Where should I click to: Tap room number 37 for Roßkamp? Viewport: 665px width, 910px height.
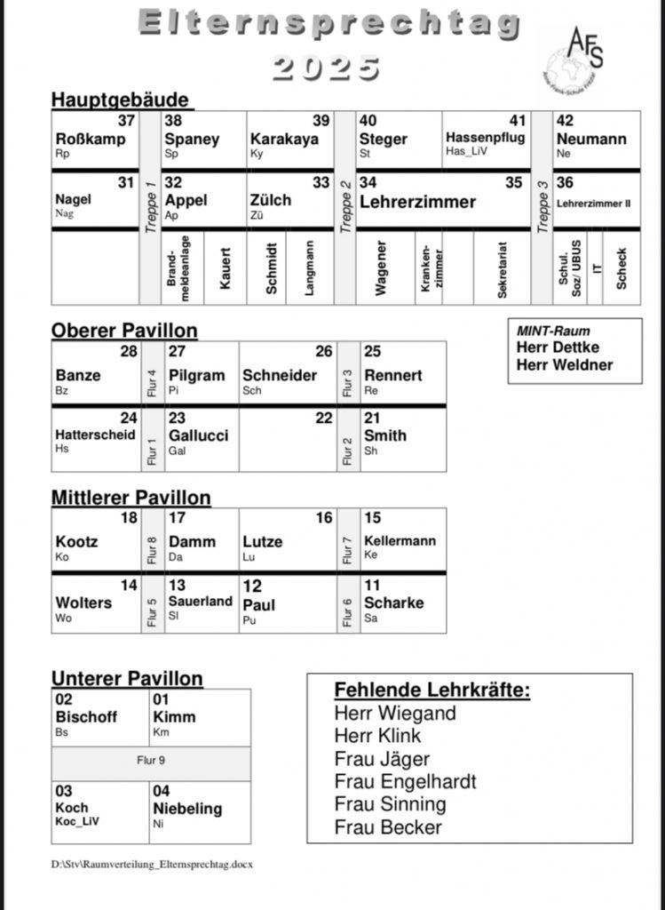[126, 121]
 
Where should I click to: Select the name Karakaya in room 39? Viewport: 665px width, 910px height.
[284, 140]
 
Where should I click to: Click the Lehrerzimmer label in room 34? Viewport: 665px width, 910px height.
[417, 202]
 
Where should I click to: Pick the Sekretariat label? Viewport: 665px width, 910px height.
[502, 267]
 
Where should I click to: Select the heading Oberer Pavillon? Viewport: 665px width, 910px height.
[124, 331]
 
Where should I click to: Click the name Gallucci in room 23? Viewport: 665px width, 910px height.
[198, 435]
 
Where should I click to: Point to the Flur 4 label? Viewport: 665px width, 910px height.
[151, 381]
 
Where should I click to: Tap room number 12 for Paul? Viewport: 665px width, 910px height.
[252, 587]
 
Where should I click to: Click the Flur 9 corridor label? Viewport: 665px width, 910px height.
[150, 761]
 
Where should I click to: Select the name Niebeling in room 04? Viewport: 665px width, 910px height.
[186, 809]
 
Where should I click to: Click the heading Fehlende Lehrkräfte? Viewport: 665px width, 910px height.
[431, 690]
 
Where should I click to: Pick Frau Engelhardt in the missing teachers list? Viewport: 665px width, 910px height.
[405, 782]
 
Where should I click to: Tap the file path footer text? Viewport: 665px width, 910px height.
[152, 863]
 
